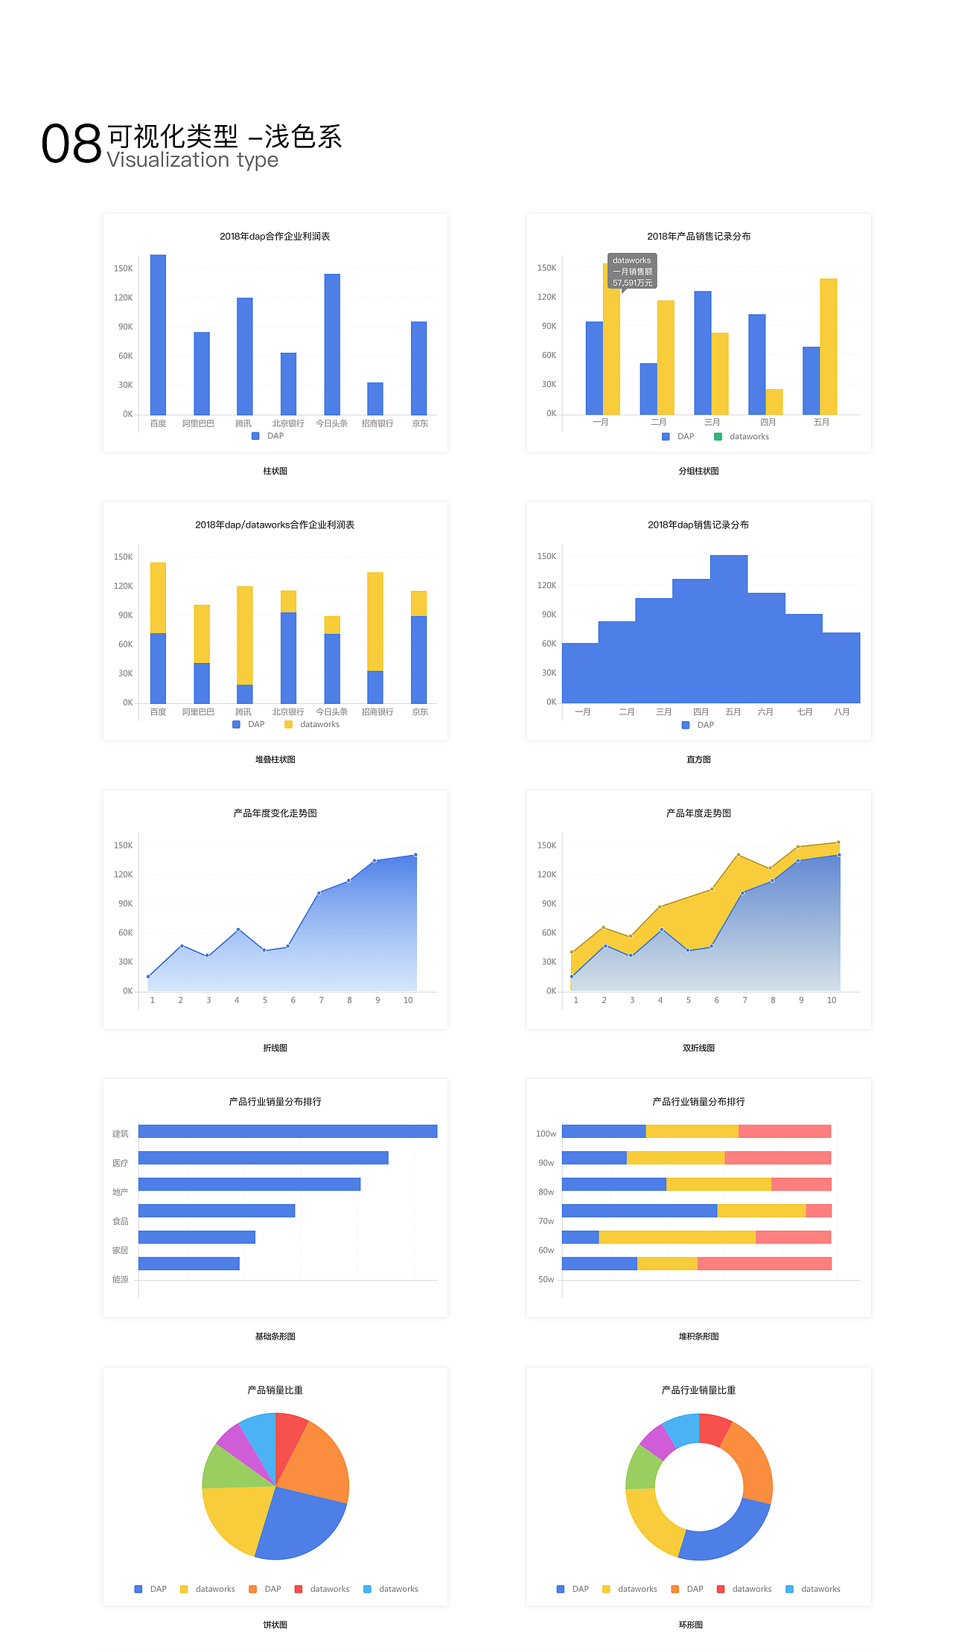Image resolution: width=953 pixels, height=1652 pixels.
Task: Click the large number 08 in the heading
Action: click(x=71, y=144)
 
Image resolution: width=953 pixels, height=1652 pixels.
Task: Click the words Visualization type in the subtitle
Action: click(x=192, y=160)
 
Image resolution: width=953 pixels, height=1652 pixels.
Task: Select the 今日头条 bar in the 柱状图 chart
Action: click(x=332, y=344)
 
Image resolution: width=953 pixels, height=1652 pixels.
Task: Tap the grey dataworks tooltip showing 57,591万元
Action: click(x=631, y=272)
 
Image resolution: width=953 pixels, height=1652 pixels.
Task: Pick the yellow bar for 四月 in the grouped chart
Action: click(x=774, y=402)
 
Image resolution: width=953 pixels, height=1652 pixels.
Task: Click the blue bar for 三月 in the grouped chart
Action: click(x=703, y=353)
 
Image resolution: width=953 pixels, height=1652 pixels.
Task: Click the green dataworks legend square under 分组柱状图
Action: click(x=718, y=437)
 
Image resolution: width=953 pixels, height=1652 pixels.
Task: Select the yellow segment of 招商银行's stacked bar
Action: click(x=375, y=621)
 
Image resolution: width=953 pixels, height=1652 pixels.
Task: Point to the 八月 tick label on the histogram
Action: click(x=841, y=712)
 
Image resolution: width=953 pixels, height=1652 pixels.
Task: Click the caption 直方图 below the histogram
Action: click(x=698, y=760)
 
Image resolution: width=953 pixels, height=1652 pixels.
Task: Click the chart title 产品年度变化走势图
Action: click(x=275, y=813)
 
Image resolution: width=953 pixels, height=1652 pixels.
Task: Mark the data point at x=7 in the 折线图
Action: click(x=319, y=893)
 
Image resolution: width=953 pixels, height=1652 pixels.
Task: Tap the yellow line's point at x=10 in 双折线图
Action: click(x=838, y=842)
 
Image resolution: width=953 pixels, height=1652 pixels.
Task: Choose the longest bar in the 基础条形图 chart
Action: click(x=287, y=1131)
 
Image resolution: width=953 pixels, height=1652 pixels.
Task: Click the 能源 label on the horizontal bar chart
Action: click(x=120, y=1280)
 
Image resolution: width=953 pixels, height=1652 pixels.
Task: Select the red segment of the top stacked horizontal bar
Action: click(x=784, y=1131)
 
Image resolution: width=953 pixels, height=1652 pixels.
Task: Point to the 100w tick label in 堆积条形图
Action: click(x=546, y=1134)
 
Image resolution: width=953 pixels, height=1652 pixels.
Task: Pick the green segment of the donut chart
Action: click(x=642, y=1466)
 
